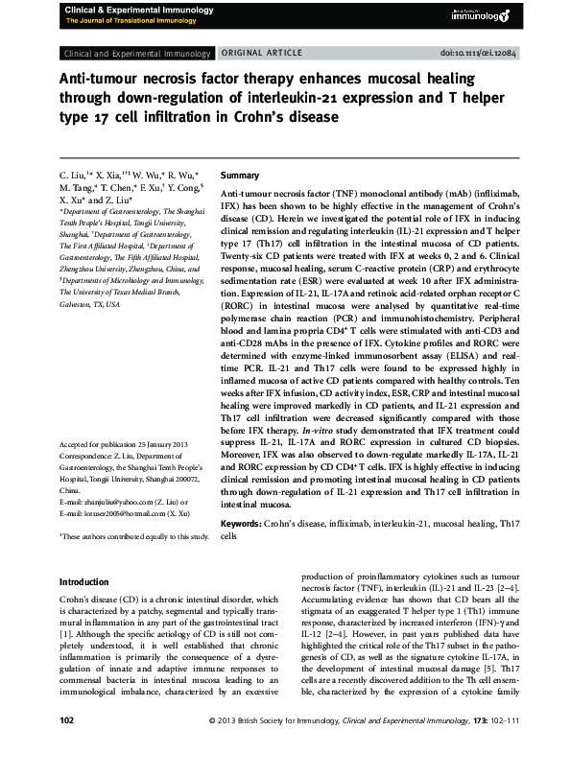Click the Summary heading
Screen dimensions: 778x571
point(240,177)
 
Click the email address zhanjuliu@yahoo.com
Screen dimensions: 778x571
point(114,502)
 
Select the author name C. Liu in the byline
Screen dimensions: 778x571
point(72,177)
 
